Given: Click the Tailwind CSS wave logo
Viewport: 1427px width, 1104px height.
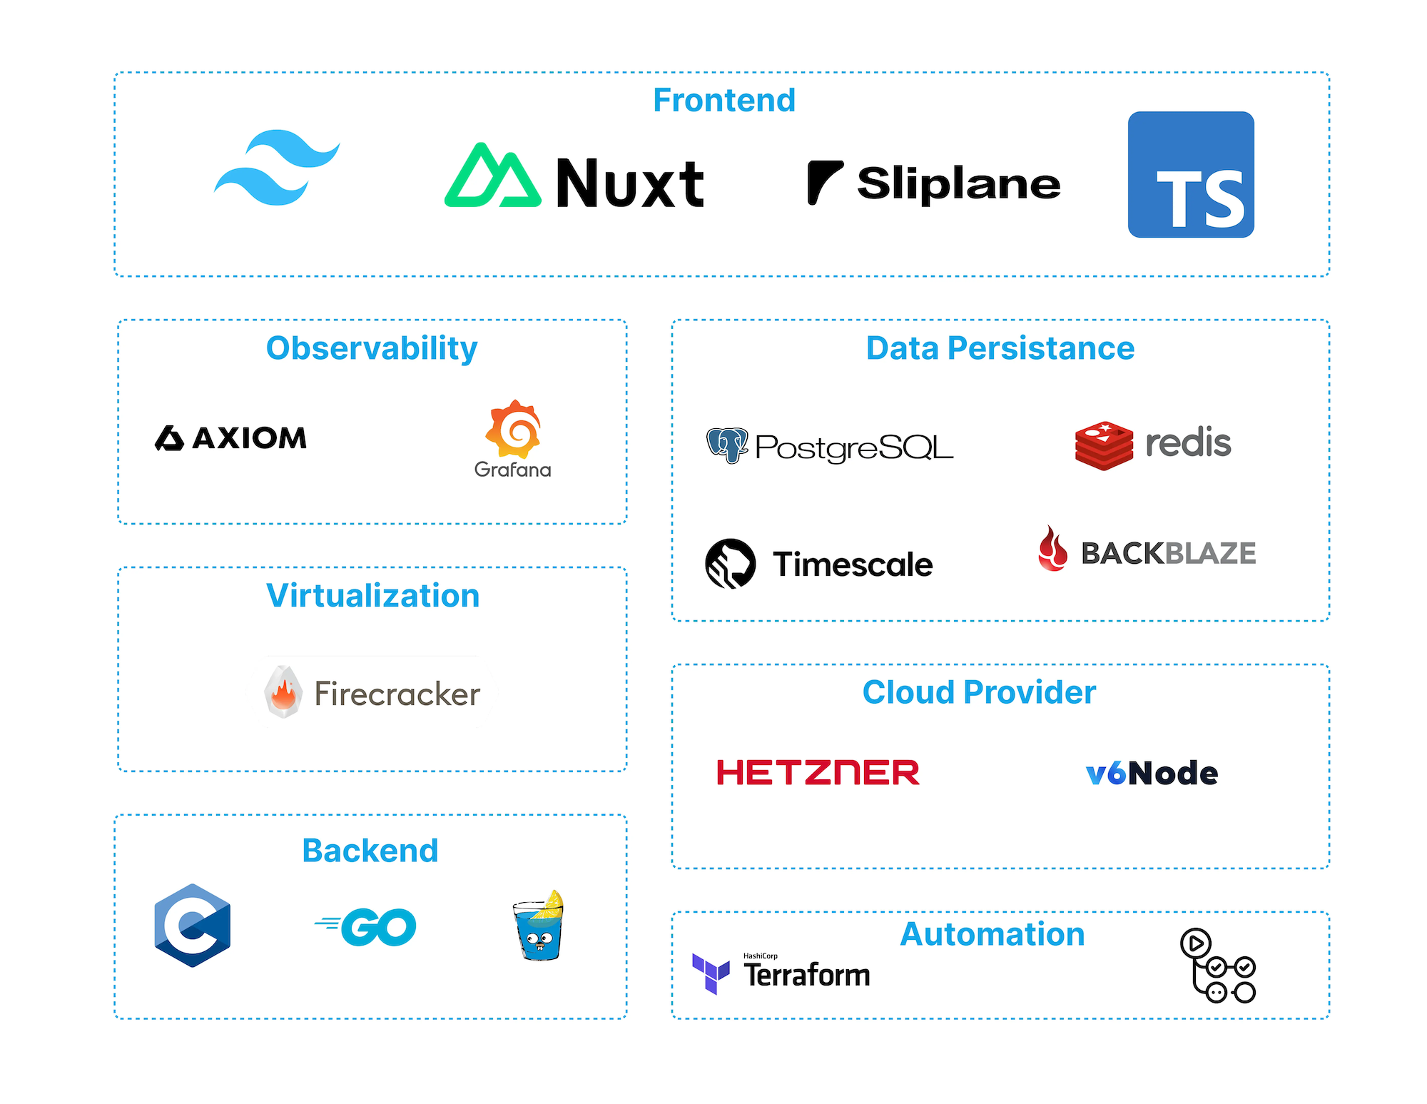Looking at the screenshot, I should point(277,168).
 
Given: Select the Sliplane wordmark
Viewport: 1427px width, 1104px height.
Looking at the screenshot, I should point(958,183).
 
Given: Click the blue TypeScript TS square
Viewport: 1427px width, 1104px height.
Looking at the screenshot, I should point(1191,175).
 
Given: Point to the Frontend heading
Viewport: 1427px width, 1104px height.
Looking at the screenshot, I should point(723,100).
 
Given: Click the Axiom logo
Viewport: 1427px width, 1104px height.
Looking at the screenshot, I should point(231,437).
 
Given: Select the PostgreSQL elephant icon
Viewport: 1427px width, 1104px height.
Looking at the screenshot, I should point(727,445).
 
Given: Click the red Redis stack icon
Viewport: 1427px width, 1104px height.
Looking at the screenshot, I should point(1104,445).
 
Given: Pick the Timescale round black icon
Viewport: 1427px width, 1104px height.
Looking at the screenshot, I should point(730,563).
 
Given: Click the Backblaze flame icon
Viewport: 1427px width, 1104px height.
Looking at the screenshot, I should point(1052,549).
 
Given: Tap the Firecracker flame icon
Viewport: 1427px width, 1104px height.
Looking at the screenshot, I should point(283,692).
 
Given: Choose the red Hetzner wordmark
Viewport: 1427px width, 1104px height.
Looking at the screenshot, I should point(818,773).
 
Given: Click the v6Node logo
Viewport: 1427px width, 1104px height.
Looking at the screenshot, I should point(1152,773).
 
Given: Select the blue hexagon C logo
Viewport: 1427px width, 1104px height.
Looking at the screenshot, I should point(193,926).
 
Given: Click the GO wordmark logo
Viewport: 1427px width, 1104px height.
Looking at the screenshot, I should point(367,927).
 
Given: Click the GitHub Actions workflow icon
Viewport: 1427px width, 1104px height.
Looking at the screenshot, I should point(1217,966).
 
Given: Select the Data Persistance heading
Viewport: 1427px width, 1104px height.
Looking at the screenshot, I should point(1000,348).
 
